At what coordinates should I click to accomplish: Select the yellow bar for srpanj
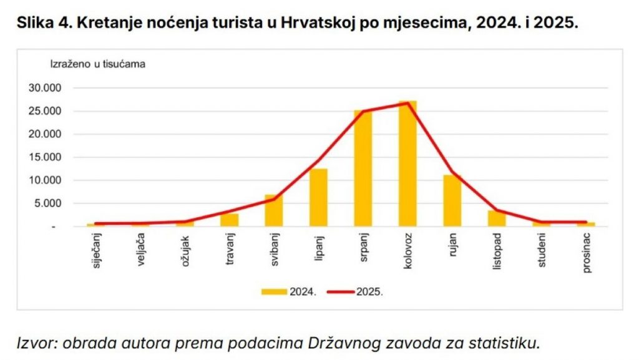click(x=363, y=168)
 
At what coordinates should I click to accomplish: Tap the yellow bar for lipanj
click(x=318, y=197)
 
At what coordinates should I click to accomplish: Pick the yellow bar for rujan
click(x=452, y=200)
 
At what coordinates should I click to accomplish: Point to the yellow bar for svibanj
click(x=273, y=210)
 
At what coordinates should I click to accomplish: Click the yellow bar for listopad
click(x=497, y=218)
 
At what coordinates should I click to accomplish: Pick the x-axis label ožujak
click(x=185, y=250)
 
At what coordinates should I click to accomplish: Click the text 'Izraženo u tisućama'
click(x=98, y=64)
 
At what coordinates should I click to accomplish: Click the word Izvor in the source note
click(x=36, y=343)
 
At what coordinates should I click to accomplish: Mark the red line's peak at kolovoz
click(x=407, y=103)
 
